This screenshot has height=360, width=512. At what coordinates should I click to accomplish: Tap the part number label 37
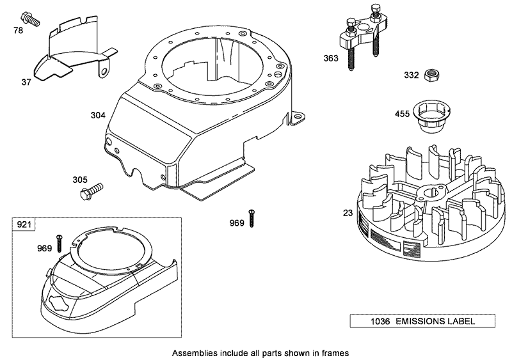pos(26,82)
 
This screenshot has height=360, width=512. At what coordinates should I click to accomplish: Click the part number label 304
pos(98,116)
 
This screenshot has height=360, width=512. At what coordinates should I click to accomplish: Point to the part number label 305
pos(80,180)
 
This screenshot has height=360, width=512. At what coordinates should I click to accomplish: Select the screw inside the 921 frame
pos(59,243)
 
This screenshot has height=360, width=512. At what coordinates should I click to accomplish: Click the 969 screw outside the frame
pos(252,217)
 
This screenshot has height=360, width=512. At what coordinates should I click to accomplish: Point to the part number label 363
pos(331,58)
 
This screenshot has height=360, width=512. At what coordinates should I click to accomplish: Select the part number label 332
pos(412,75)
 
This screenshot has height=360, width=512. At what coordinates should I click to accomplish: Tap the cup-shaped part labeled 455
pos(424,117)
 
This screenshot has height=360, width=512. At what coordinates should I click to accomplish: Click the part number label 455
pos(402,115)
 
